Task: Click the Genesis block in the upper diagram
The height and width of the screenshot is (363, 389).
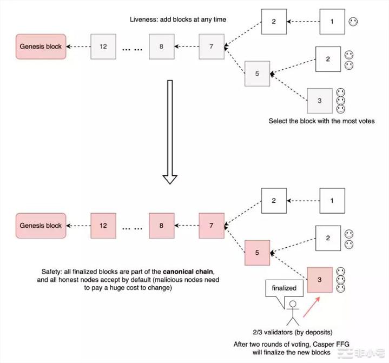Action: (41, 47)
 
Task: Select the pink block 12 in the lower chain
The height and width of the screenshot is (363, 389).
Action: (103, 226)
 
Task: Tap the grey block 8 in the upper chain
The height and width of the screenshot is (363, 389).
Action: (161, 47)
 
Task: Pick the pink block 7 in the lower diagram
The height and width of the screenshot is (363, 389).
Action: (212, 226)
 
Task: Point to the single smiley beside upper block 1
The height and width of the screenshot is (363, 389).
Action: (353, 22)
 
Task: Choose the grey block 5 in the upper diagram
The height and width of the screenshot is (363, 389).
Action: (258, 74)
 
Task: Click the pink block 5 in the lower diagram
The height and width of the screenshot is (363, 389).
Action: (258, 253)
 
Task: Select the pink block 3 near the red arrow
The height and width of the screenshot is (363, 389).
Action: (320, 280)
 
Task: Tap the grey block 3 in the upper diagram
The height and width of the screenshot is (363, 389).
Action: (320, 101)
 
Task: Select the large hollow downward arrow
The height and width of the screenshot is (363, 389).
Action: (170, 132)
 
